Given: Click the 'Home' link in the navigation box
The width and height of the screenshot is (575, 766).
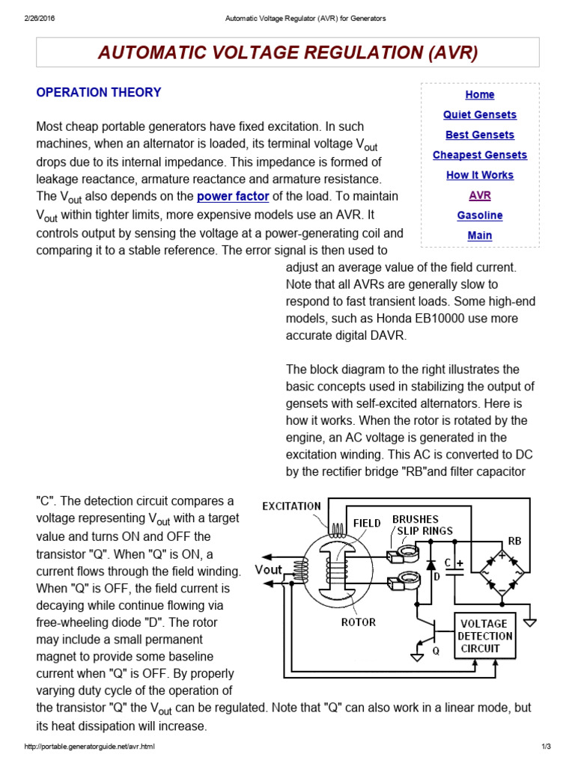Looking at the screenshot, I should pyautogui.click(x=480, y=95).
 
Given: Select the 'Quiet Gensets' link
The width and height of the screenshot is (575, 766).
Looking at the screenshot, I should pyautogui.click(x=480, y=115).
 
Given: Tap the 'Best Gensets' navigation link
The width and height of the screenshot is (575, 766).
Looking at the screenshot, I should pyautogui.click(x=480, y=135).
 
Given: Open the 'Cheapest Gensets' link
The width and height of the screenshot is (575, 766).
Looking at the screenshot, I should pyautogui.click(x=480, y=156).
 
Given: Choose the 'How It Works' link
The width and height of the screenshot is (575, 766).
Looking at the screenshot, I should pyautogui.click(x=480, y=175).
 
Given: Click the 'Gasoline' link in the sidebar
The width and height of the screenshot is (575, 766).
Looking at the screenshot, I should pyautogui.click(x=480, y=215).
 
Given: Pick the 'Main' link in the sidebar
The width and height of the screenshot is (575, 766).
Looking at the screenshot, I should pyautogui.click(x=480, y=236).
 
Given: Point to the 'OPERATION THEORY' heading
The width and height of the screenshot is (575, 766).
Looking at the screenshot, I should pyautogui.click(x=99, y=93).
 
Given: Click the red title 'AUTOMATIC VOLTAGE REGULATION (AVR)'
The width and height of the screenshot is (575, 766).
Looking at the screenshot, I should pyautogui.click(x=287, y=52).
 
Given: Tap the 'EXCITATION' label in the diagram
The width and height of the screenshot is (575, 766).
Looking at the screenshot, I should pyautogui.click(x=291, y=506).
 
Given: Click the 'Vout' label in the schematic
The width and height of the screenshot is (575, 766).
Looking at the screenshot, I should pyautogui.click(x=269, y=569).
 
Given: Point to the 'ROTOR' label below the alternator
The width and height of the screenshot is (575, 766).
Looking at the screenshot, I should pyautogui.click(x=358, y=622).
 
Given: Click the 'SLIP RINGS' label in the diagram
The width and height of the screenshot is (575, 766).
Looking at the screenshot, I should pyautogui.click(x=425, y=531).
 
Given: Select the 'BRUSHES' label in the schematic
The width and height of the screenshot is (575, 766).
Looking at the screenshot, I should pyautogui.click(x=416, y=519).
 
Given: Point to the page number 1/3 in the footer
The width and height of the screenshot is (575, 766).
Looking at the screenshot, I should pyautogui.click(x=545, y=747).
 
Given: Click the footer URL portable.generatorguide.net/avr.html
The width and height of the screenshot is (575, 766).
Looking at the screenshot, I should pyautogui.click(x=90, y=747).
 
